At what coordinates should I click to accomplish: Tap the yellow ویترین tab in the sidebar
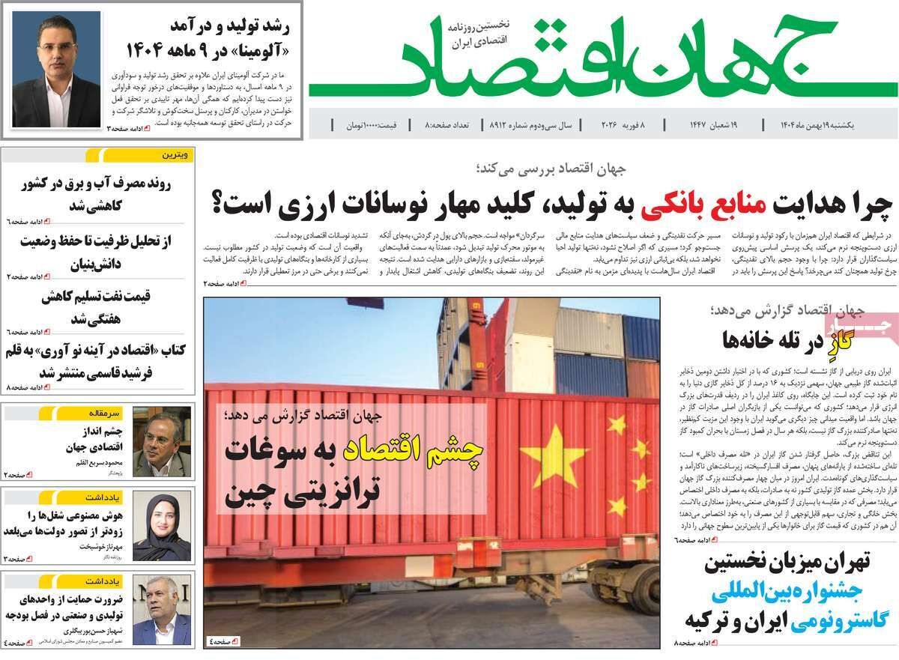point(176,155)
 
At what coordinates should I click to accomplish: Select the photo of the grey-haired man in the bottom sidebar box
point(161,610)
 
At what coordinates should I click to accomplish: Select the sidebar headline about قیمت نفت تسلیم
point(97,306)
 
